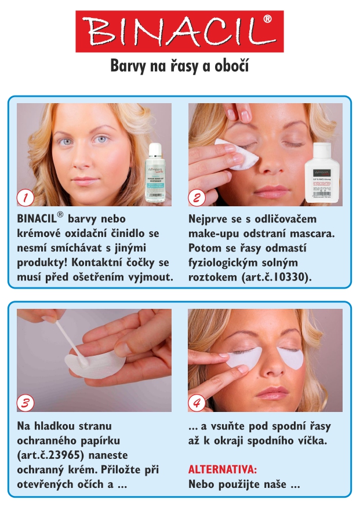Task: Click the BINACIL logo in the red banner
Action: point(179,31)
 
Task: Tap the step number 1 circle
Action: point(24,198)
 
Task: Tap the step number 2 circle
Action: point(197,198)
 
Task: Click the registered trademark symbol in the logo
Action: point(267,20)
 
